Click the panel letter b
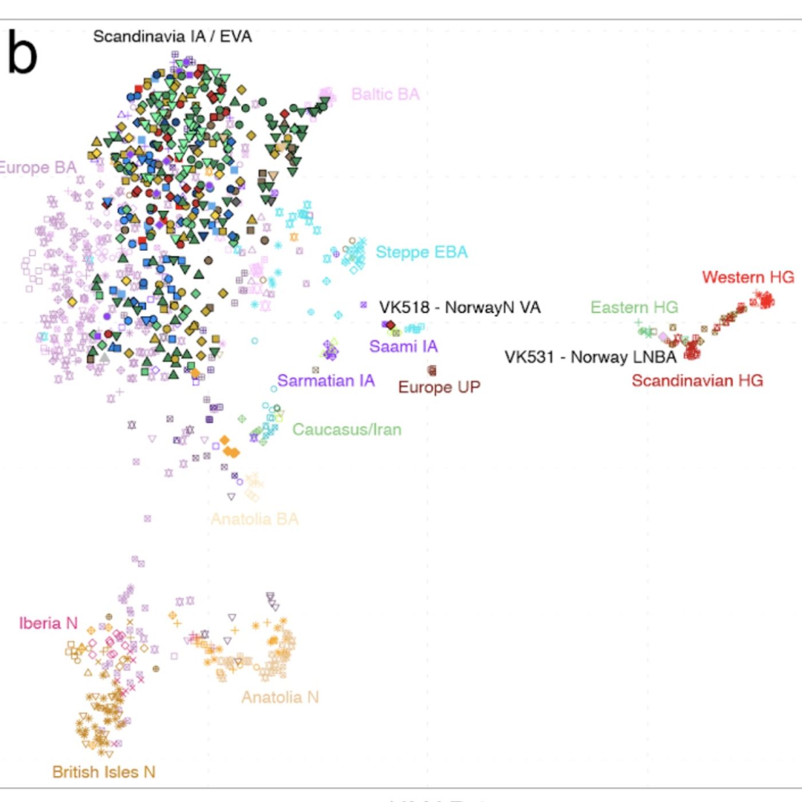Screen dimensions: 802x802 [22, 53]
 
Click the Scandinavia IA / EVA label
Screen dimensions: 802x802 [172, 37]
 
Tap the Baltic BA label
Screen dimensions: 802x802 [385, 95]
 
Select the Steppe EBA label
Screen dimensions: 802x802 [422, 252]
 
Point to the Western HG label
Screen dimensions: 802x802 [748, 277]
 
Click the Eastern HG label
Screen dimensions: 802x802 [634, 308]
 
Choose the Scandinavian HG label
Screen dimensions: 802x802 [697, 381]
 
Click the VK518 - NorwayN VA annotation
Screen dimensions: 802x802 [460, 308]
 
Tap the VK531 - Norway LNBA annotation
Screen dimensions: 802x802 [590, 357]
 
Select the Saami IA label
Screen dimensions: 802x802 [403, 347]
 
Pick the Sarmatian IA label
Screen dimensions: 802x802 [326, 381]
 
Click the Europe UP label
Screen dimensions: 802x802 [439, 387]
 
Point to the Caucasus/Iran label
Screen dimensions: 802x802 [347, 430]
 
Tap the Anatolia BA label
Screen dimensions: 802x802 [254, 519]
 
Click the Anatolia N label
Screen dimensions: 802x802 [280, 697]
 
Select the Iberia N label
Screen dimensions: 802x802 [48, 623]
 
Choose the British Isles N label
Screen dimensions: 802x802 [104, 772]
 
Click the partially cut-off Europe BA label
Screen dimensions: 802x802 [38, 168]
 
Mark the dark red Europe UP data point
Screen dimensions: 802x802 [432, 371]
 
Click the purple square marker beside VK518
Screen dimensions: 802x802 [363, 305]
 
